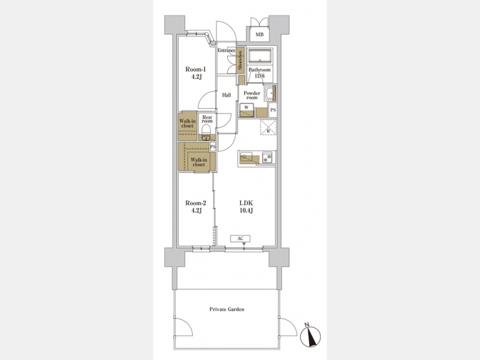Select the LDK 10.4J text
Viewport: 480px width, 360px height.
pyautogui.click(x=246, y=206)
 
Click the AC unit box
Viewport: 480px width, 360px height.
pyautogui.click(x=241, y=238)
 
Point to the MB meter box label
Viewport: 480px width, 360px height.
pyautogui.click(x=260, y=35)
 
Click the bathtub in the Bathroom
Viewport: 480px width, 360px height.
pyautogui.click(x=260, y=57)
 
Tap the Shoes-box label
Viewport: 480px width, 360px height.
pyautogui.click(x=241, y=60)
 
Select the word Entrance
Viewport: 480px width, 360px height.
pyautogui.click(x=227, y=51)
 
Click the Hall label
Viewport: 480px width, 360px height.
pyautogui.click(x=227, y=95)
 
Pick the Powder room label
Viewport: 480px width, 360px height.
pyautogui.click(x=252, y=95)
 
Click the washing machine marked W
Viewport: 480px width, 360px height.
pyautogui.click(x=247, y=110)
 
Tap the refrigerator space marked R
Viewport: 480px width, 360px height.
pyautogui.click(x=268, y=127)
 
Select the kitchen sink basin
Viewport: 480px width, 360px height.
pyautogui.click(x=246, y=157)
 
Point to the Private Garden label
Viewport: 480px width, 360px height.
pyautogui.click(x=227, y=309)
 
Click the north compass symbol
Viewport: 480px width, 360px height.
pyautogui.click(x=310, y=337)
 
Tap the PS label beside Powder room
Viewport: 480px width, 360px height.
pyautogui.click(x=273, y=110)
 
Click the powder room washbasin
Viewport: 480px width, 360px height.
pyautogui.click(x=269, y=93)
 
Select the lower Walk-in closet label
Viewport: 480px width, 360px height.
pyautogui.click(x=199, y=162)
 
